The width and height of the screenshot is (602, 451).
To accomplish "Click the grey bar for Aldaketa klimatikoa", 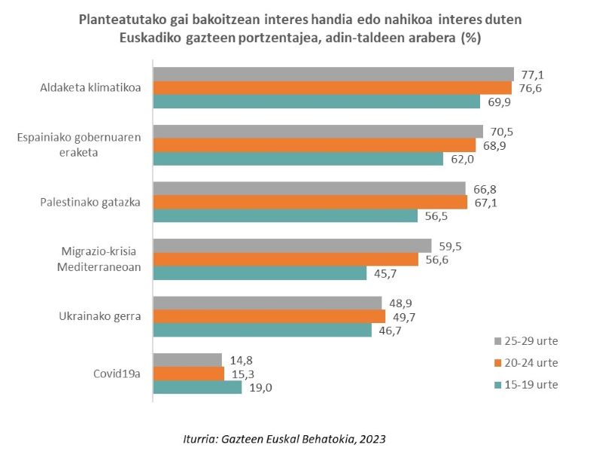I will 333,74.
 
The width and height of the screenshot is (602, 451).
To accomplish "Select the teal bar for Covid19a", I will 197,387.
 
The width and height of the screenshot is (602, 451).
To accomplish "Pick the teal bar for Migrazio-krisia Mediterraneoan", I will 260,273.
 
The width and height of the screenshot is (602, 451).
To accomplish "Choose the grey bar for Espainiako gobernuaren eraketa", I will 318,131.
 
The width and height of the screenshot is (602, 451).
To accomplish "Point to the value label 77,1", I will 533,74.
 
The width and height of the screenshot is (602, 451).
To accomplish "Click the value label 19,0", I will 261,387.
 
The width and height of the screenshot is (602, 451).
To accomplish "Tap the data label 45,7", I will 385,273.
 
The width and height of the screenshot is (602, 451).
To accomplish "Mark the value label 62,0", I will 463,159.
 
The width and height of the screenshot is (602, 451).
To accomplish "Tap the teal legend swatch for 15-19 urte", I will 497,385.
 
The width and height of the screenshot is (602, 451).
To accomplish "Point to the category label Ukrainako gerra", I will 100,315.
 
